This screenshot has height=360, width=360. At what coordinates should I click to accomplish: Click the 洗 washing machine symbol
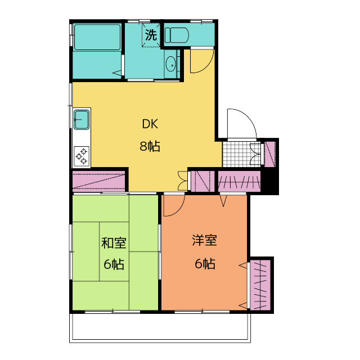coord(151,35)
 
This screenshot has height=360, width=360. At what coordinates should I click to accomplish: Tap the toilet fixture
coord(177,35)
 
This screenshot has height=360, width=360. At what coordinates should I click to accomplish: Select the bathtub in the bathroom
coord(97,37)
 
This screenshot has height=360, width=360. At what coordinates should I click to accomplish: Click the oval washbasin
coord(170,64)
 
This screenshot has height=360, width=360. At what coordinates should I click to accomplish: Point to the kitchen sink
coord(81,119)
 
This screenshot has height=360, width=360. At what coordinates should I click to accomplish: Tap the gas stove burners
coord(82,156)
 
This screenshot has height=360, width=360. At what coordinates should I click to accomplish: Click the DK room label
coord(150,124)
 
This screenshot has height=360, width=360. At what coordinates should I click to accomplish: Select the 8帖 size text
coord(150,146)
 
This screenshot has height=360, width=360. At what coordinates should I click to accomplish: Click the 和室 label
coord(114,243)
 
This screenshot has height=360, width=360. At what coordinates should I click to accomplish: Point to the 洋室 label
coord(205,240)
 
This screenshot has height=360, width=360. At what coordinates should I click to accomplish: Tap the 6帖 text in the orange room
coord(205,264)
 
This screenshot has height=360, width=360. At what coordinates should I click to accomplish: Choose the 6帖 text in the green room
coord(114,264)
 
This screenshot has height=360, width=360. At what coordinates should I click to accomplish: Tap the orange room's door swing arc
coord(179,210)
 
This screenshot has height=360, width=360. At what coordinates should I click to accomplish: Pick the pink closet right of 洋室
coord(260,285)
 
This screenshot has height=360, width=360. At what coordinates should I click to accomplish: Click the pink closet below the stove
coord(99,181)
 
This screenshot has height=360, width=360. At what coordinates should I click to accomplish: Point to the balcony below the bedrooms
coord(160,328)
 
